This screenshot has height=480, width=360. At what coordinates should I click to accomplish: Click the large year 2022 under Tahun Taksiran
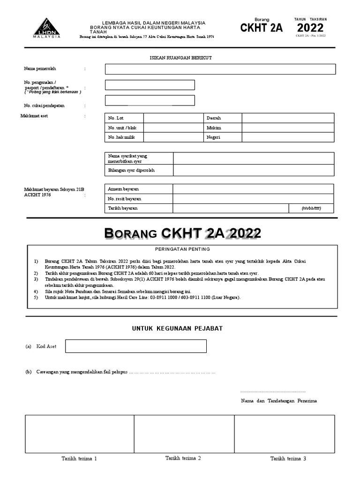[310, 28]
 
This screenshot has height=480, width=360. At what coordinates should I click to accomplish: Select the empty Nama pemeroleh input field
[220, 69]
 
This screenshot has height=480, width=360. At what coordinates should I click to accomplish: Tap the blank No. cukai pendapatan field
[150, 100]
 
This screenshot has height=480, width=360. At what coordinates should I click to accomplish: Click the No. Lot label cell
[124, 118]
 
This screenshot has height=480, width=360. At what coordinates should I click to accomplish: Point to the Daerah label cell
[222, 118]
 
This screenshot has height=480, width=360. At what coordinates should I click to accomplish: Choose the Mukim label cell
[222, 127]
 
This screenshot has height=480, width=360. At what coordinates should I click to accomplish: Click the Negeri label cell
[222, 137]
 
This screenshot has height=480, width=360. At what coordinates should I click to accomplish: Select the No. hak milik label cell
[124, 137]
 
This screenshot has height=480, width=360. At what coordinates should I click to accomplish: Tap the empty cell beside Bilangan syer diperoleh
[254, 170]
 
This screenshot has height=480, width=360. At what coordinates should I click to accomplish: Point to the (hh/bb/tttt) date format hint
[311, 208]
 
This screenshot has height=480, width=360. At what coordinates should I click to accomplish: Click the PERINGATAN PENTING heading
[182, 249]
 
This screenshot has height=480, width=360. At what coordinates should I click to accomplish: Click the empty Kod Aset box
[135, 346]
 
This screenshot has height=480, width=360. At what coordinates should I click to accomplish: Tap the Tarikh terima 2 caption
[183, 458]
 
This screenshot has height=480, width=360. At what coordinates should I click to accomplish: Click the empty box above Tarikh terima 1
[79, 434]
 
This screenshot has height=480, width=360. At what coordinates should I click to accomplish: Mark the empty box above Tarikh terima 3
[285, 434]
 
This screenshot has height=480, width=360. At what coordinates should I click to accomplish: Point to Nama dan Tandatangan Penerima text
[279, 401]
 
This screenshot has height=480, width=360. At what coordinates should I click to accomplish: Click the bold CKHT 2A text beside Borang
[262, 28]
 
